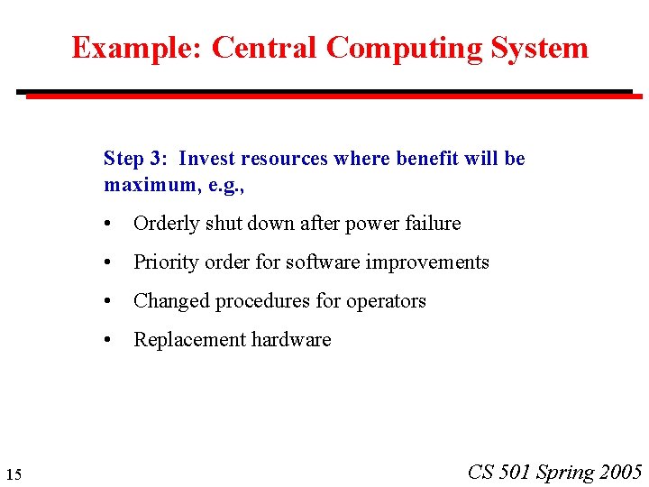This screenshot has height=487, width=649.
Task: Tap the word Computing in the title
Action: pyautogui.click(x=403, y=48)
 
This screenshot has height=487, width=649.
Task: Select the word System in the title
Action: pyautogui.click(x=538, y=48)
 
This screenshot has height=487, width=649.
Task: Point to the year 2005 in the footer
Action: pyautogui.click(x=620, y=472)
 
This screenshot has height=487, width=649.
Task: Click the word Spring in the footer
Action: pyautogui.click(x=565, y=472)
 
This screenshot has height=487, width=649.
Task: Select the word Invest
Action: pyautogui.click(x=206, y=159)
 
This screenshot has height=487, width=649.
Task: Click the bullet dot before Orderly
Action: pyautogui.click(x=108, y=224)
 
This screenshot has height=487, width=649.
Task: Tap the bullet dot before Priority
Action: pyautogui.click(x=108, y=262)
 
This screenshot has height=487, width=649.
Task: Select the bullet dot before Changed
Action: pyautogui.click(x=108, y=301)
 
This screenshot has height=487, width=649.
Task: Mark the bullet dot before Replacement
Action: pyautogui.click(x=108, y=340)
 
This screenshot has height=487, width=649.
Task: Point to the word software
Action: pyautogui.click(x=322, y=262)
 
